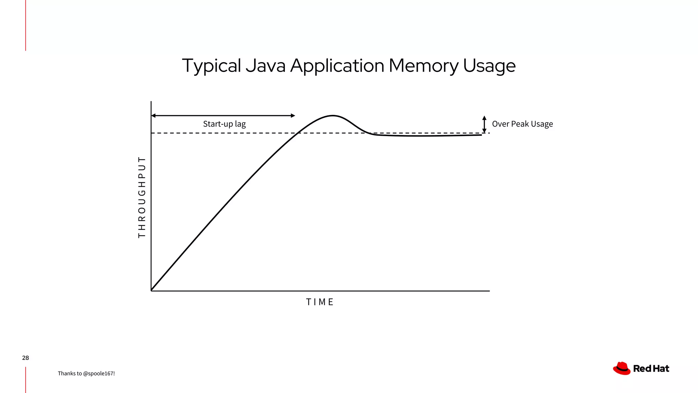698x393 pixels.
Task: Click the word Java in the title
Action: point(265,65)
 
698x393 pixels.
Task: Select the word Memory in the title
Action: point(423,65)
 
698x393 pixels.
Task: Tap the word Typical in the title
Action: point(211,65)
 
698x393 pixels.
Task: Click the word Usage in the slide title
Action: point(489,65)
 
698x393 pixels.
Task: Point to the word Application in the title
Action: point(337,65)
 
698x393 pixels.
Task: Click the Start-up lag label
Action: point(224,124)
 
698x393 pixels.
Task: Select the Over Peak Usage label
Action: point(522,124)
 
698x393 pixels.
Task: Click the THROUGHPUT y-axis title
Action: point(142,197)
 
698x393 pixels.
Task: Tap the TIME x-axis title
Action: point(320,302)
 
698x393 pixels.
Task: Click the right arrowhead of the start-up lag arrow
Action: point(293,116)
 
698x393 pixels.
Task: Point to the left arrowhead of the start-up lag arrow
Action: point(153,116)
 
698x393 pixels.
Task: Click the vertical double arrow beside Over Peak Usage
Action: point(484,124)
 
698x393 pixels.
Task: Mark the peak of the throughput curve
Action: point(333,116)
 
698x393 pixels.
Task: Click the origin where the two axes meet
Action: point(151,291)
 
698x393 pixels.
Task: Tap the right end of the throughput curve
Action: point(481,135)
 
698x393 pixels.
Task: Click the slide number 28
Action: point(26,358)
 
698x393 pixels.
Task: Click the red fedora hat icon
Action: point(622,368)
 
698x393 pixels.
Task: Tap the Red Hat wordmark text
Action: point(651,369)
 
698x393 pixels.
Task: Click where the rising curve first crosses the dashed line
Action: point(298,133)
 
